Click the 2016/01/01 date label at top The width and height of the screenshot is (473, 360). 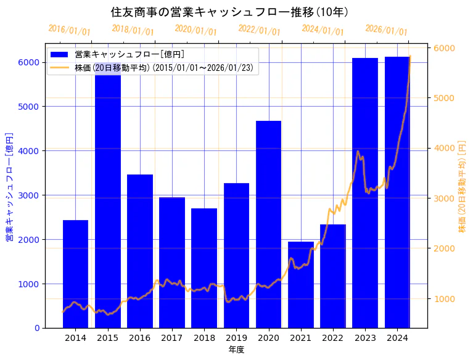(x=69, y=30)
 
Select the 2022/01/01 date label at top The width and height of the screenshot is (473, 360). (x=259, y=30)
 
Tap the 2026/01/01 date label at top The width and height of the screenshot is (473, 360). (x=386, y=30)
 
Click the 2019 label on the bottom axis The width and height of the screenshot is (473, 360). (x=236, y=338)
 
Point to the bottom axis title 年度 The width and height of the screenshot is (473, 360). (x=236, y=350)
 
